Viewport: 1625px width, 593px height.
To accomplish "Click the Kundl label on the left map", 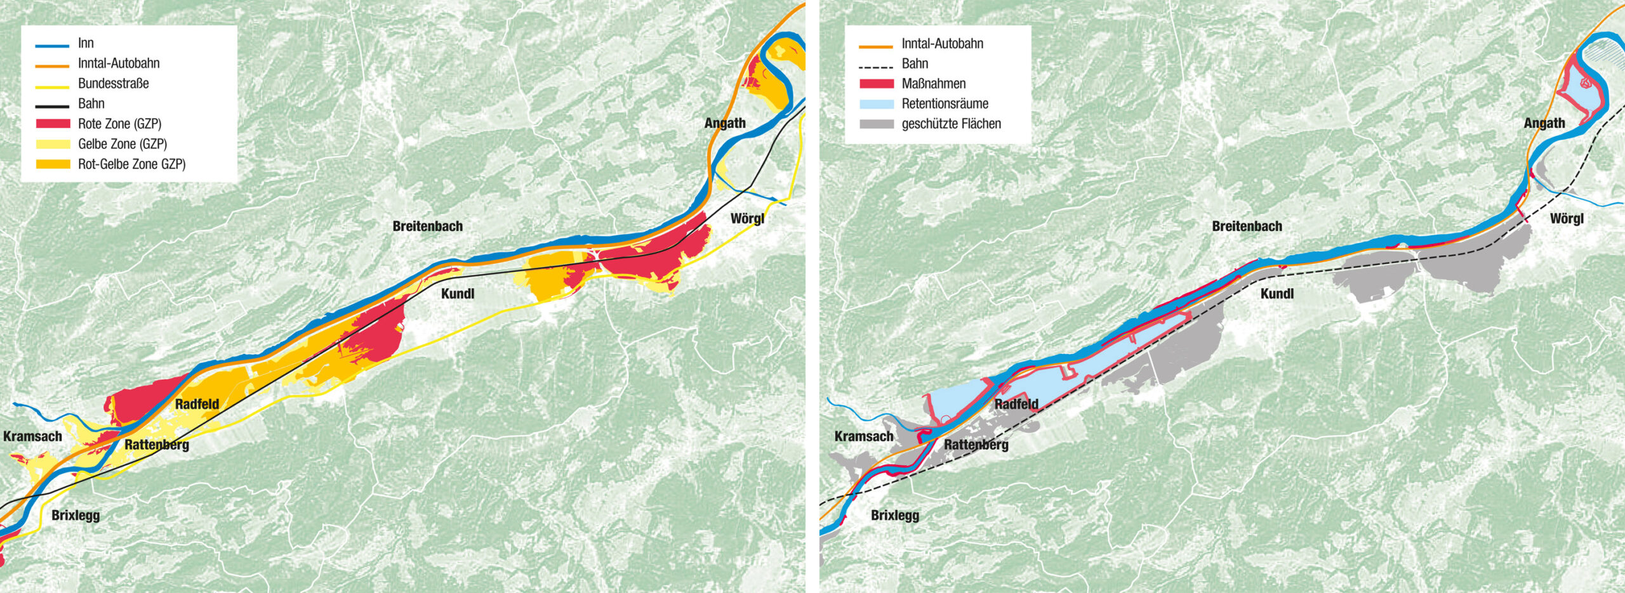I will pyautogui.click(x=457, y=294).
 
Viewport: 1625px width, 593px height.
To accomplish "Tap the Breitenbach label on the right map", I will pyautogui.click(x=1247, y=226).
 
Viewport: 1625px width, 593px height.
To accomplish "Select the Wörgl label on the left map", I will pyautogui.click(x=747, y=219).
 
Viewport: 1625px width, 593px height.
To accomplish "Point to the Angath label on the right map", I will pyautogui.click(x=1544, y=123).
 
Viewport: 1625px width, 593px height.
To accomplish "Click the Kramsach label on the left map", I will pyautogui.click(x=32, y=436).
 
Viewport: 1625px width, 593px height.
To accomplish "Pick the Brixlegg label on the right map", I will pyautogui.click(x=894, y=515).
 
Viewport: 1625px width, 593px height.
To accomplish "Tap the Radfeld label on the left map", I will pyautogui.click(x=197, y=404).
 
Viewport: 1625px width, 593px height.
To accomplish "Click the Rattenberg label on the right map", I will pyautogui.click(x=976, y=445).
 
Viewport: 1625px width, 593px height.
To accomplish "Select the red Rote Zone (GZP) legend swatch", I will pyautogui.click(x=53, y=124).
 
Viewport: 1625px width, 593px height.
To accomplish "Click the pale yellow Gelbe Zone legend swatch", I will pyautogui.click(x=53, y=144).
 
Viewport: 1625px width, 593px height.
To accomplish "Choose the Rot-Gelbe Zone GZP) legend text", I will pyautogui.click(x=131, y=164).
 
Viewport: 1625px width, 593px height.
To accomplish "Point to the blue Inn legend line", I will pyautogui.click(x=53, y=46).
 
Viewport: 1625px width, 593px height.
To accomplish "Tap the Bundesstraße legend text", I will pyautogui.click(x=113, y=84).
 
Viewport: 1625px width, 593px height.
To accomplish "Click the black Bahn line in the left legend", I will pyautogui.click(x=53, y=106).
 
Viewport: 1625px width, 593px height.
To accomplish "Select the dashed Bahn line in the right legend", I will pyautogui.click(x=876, y=66).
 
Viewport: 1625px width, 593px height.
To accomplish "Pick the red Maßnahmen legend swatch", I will pyautogui.click(x=876, y=84).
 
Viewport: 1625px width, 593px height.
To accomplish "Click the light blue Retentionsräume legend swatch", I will pyautogui.click(x=876, y=104).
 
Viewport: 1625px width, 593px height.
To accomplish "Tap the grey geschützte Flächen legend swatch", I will pyautogui.click(x=876, y=124).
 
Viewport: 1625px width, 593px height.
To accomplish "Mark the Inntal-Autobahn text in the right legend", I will pyautogui.click(x=942, y=44).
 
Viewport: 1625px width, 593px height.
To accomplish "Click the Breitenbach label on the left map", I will pyautogui.click(x=427, y=226).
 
